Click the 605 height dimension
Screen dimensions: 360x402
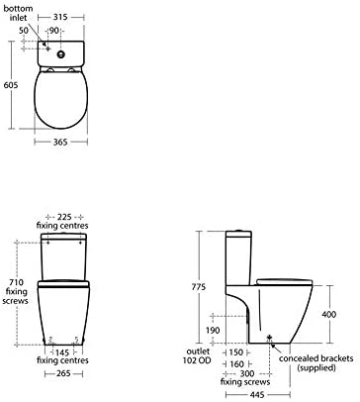[x=11, y=85]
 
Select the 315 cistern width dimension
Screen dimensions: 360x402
[x=60, y=17]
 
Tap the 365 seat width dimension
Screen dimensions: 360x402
[x=60, y=142]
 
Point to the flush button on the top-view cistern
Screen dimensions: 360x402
[x=61, y=54]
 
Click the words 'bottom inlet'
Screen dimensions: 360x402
[x=18, y=13]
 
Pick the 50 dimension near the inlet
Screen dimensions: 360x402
[x=24, y=31]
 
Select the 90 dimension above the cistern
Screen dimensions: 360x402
[x=54, y=31]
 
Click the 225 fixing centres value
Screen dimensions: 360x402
[x=64, y=217]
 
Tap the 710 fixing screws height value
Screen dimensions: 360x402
[x=16, y=282]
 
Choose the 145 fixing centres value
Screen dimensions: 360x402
[x=62, y=352]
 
